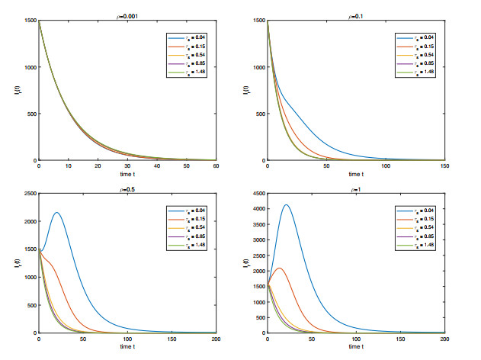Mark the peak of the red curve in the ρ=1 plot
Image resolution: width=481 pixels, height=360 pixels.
click(280, 268)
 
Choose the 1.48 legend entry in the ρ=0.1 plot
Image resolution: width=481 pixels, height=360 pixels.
click(418, 72)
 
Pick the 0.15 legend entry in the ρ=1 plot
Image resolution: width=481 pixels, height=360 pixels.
click(418, 220)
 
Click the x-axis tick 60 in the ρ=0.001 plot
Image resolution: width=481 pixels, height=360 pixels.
click(216, 166)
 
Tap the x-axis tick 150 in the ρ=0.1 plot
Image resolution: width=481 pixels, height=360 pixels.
click(444, 166)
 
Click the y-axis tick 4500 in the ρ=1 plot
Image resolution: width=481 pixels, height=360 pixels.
click(256, 194)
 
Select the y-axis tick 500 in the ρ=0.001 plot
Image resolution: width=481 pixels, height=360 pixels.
click(30, 114)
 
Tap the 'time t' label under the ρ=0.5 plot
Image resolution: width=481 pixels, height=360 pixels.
click(128, 347)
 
